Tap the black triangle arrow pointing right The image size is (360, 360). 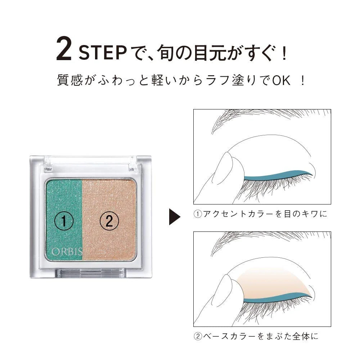coord(175,217)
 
